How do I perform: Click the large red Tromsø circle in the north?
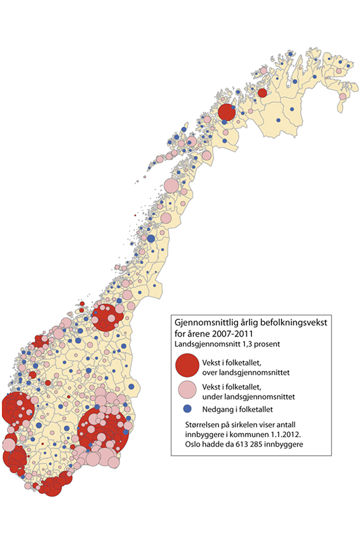click(x=226, y=112)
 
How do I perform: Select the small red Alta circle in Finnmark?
click(x=262, y=93)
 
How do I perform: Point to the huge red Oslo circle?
click(x=103, y=430)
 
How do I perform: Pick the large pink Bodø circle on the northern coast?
click(x=171, y=186)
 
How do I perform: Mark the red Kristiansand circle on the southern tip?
click(x=53, y=487)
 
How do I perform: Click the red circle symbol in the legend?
click(x=186, y=368)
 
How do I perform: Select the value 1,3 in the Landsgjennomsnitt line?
click(x=247, y=343)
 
